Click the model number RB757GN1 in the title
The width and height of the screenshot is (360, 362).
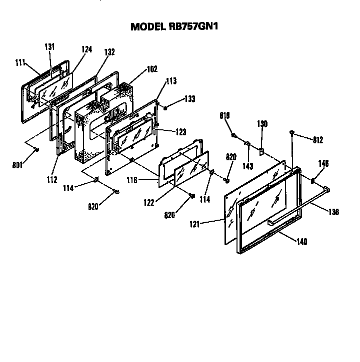pyautogui.click(x=195, y=26)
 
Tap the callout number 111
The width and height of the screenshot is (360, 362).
pyautogui.click(x=20, y=62)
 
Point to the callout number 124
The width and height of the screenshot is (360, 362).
pyautogui.click(x=87, y=49)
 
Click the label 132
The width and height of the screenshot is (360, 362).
pyautogui.click(x=109, y=52)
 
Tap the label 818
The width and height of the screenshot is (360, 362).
pyautogui.click(x=225, y=116)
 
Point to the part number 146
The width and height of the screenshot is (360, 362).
pyautogui.click(x=323, y=163)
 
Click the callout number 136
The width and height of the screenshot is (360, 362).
pyautogui.click(x=334, y=212)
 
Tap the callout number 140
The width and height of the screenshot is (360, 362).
pyautogui.click(x=301, y=242)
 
